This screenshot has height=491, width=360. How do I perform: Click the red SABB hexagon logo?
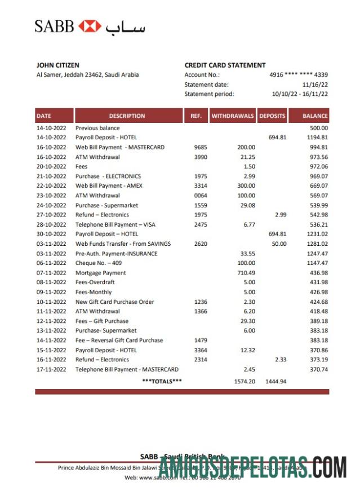tap(90, 26)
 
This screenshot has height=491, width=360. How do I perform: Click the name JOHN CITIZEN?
tap(57, 65)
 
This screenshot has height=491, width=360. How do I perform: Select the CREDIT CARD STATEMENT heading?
tap(225, 65)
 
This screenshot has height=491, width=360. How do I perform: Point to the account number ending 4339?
tap(299, 75)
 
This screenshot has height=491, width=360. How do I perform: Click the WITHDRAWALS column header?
tap(233, 116)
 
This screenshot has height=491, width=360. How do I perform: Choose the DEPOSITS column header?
tap(272, 116)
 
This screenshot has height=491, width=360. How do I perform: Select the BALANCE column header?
tap(315, 116)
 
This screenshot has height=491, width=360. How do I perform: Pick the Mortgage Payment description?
tap(101, 273)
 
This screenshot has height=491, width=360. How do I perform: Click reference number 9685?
tap(201, 147)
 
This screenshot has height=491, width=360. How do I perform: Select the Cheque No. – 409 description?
tap(99, 263)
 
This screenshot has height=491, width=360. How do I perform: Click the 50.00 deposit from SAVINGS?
tap(279, 244)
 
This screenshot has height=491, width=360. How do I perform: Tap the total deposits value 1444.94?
tap(275, 382)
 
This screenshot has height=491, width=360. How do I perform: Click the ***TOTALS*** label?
tap(162, 382)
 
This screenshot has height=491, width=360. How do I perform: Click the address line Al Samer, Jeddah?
tap(87, 75)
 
